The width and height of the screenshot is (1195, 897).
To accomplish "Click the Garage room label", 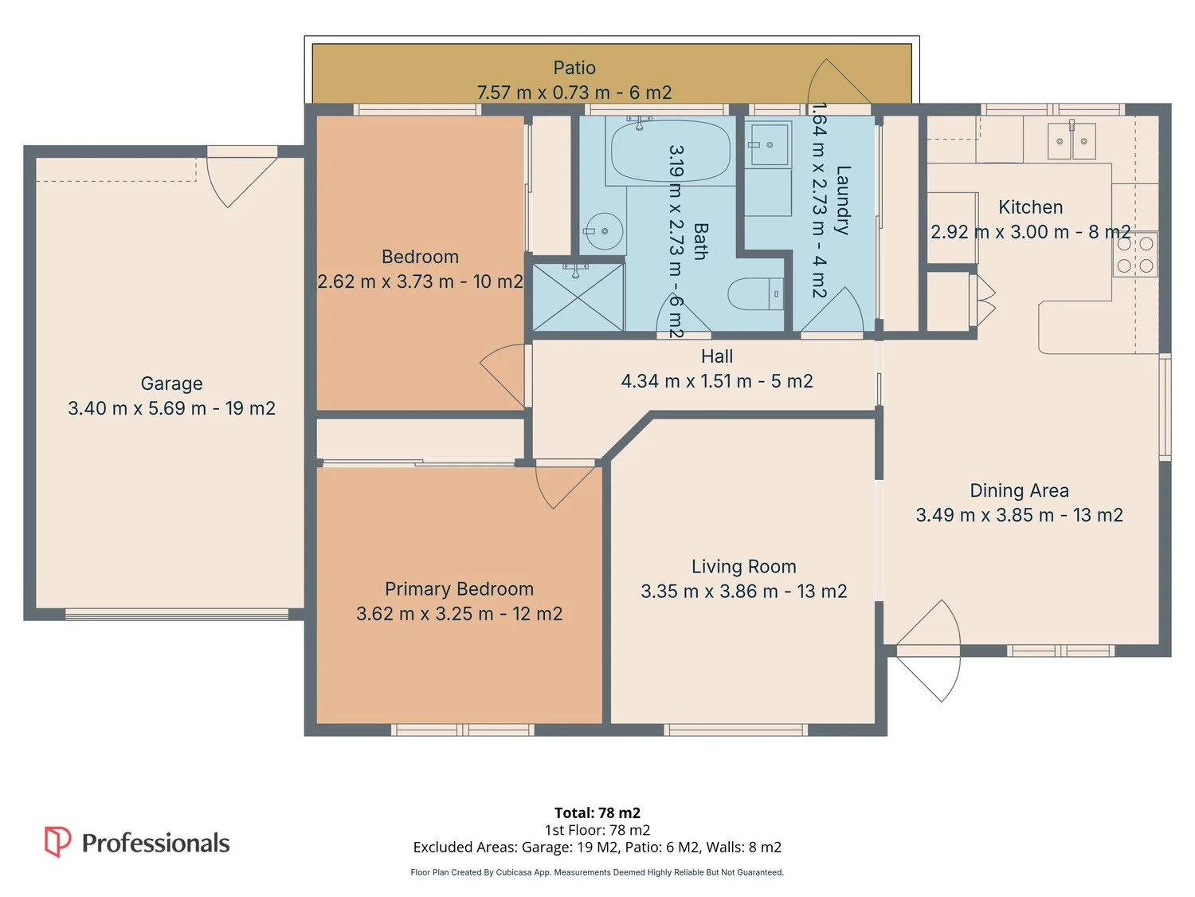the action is point(171,384).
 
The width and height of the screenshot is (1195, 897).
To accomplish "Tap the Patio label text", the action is point(574,68).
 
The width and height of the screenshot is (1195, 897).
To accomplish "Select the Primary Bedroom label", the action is point(459,588).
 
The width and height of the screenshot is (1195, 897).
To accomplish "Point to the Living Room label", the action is point(743,566).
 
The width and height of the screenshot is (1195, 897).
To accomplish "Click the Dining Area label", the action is point(1019,490).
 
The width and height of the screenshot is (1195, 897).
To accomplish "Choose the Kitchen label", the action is point(1031,207).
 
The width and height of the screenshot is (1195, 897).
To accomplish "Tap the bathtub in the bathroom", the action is point(671,151).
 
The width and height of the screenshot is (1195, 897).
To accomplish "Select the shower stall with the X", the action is point(578,297).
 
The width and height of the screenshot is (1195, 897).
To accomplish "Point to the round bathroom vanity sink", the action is point(605,231).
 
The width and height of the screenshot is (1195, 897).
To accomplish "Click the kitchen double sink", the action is point(1072,140).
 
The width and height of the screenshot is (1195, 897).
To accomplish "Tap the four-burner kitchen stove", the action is point(1135,254).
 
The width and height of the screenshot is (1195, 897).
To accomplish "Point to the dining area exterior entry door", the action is point(928,651).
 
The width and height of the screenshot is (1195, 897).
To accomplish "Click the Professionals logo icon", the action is point(57,841).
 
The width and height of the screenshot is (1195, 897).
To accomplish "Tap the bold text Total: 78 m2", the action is point(597,812).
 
